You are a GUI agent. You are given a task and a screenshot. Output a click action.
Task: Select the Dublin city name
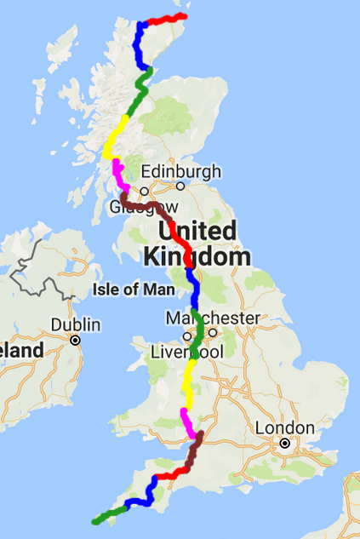pos(75,324)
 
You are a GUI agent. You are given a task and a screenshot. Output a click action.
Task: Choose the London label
pos(285,427)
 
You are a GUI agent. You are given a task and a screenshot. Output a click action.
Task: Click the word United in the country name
pos(197,231)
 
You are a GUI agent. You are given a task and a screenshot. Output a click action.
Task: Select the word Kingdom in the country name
pos(197,256)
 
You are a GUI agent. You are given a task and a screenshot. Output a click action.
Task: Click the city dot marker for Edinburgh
pos(180,186)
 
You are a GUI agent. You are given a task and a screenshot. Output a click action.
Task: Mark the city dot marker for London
pos(285,444)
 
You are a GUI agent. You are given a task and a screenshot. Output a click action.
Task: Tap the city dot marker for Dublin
pos(75,340)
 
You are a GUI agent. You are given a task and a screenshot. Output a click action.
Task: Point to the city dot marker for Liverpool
pos(186,335)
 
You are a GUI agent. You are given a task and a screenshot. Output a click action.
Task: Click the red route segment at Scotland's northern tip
pos(166,18)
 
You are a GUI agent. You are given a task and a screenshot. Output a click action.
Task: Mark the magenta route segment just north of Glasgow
pos(118,175)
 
